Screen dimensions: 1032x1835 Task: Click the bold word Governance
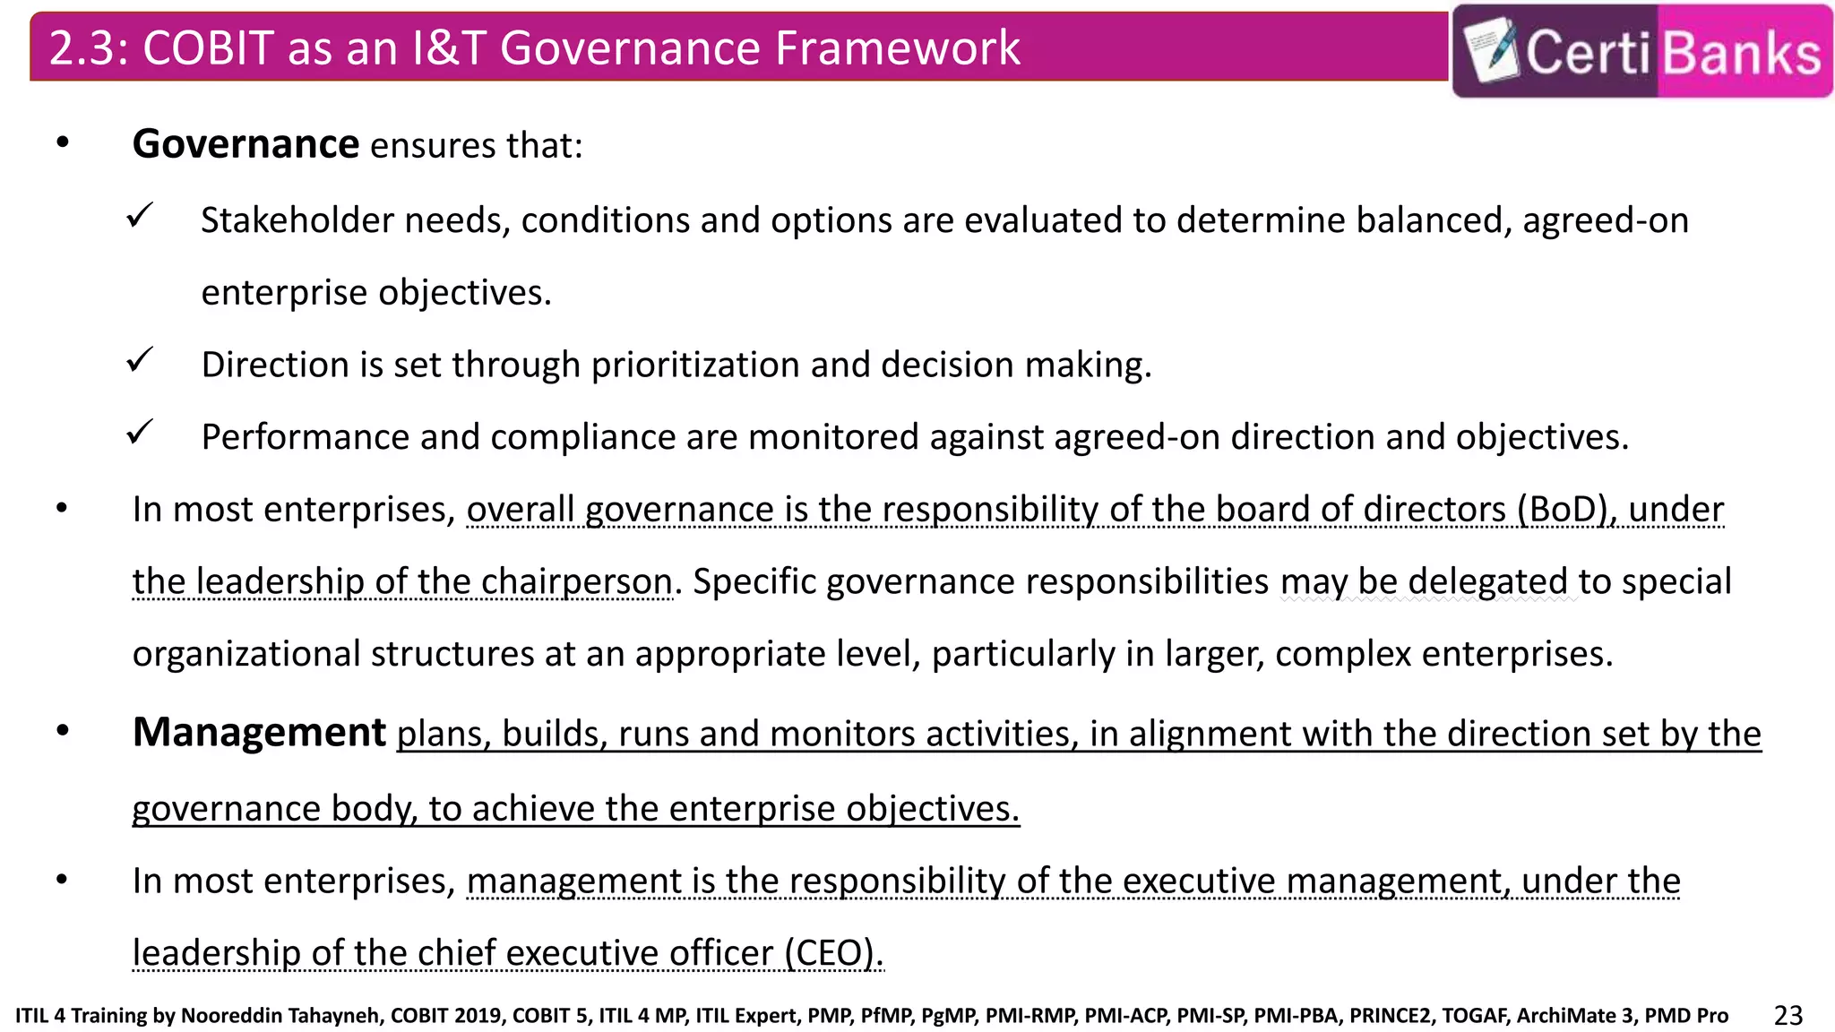point(246,144)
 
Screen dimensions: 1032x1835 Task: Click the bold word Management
point(259,732)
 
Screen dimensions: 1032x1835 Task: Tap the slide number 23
point(1788,1015)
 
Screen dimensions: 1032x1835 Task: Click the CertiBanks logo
point(1641,51)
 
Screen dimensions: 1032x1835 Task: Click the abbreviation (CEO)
point(833,952)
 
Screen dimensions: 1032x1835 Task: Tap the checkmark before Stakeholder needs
point(140,215)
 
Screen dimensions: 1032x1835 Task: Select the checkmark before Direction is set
point(140,359)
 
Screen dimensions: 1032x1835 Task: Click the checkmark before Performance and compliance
point(140,432)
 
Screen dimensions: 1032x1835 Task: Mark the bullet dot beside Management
point(62,731)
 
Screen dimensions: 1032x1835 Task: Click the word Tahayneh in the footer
point(336,1016)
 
